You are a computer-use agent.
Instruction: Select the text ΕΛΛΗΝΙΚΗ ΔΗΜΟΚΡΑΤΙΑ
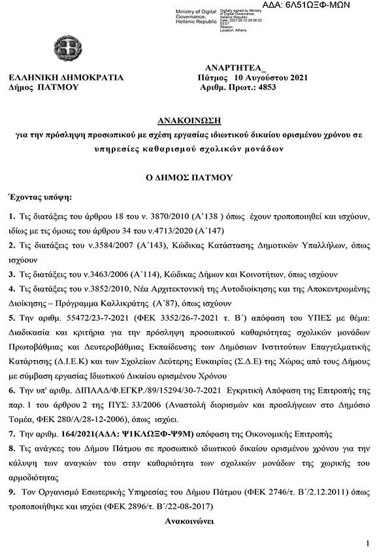(x=66, y=77)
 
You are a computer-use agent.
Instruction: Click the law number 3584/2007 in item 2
(x=106, y=246)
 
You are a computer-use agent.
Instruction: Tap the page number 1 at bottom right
(x=368, y=544)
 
